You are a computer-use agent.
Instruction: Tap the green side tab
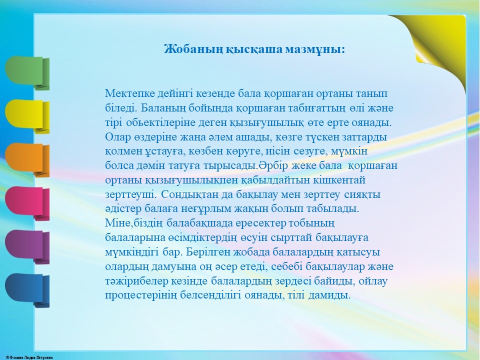click(x=27, y=73)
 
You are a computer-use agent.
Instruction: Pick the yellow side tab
click(x=27, y=116)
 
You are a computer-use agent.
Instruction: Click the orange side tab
click(x=27, y=160)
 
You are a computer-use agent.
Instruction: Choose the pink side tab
click(x=27, y=203)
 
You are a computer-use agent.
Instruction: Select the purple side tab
click(x=27, y=247)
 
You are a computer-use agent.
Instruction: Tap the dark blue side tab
click(x=27, y=290)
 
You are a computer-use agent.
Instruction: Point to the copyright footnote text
click(x=29, y=357)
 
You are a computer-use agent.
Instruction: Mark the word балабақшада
click(x=200, y=223)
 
